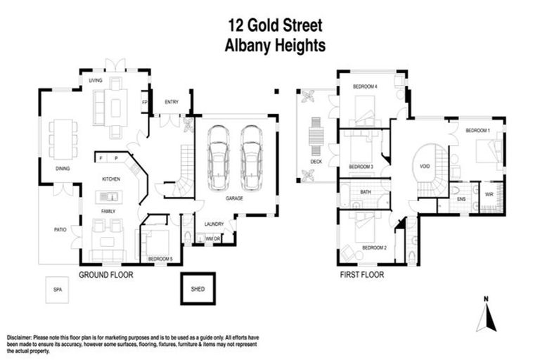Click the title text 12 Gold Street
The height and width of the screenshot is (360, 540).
coord(274,26)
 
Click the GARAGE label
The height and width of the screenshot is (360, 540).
coord(234,199)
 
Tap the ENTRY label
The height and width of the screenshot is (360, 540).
coord(171,103)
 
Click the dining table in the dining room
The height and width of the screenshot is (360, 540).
coord(64,138)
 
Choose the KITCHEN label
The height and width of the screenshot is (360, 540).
coord(111,179)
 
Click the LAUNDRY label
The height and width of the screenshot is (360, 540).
coord(214,224)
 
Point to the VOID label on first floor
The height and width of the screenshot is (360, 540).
coord(424,167)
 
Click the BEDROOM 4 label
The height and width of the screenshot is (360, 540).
coord(365,86)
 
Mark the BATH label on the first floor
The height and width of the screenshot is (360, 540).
coord(366,191)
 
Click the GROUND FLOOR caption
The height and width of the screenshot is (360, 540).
coord(105,275)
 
